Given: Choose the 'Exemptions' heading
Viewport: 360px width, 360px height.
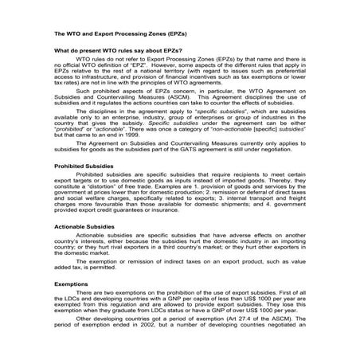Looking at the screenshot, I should [71, 305].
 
